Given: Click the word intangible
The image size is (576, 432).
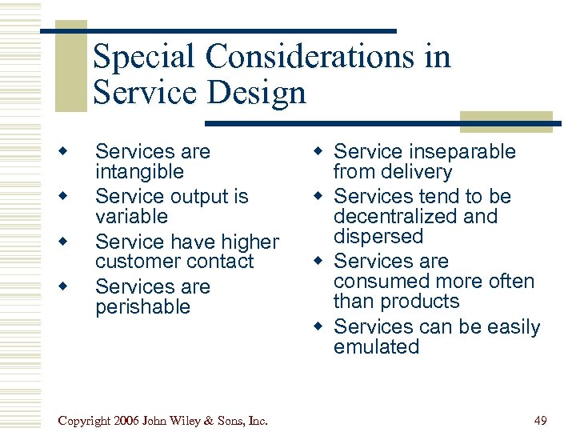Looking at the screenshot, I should click(x=139, y=172).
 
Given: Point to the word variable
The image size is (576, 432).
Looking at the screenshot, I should click(x=131, y=217).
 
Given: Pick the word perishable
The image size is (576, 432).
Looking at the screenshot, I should click(x=142, y=307).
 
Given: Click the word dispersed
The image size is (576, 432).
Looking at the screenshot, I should click(x=378, y=237).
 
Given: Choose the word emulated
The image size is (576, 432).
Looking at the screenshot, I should click(x=376, y=347).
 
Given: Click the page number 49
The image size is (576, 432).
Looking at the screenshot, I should click(x=542, y=420).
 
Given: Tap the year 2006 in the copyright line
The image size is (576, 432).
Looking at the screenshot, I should click(x=131, y=420).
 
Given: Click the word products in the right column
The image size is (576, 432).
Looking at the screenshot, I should click(x=419, y=302).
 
